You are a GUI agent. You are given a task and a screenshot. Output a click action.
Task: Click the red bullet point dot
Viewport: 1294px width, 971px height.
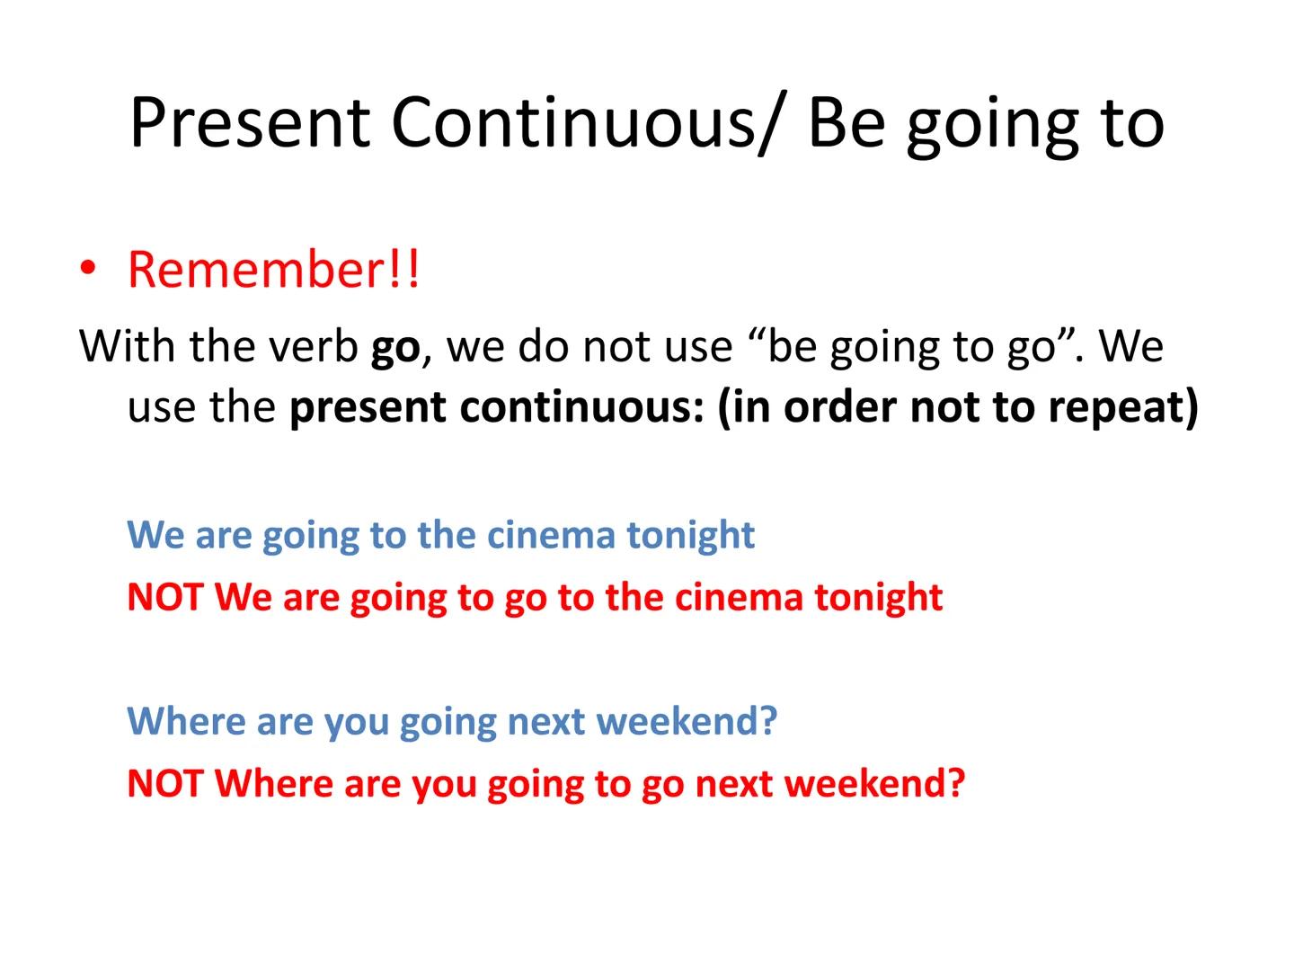tap(87, 269)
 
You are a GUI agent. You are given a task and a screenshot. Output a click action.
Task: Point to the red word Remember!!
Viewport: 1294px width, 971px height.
tap(273, 269)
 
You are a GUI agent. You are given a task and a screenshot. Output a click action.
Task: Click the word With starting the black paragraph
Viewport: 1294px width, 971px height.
tap(127, 345)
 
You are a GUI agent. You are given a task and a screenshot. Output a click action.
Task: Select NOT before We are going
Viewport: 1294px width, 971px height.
tap(165, 597)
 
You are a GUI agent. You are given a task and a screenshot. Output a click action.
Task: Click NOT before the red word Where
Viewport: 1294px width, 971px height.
tap(165, 783)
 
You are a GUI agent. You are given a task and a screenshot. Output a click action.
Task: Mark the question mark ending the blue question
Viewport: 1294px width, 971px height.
tap(768, 721)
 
